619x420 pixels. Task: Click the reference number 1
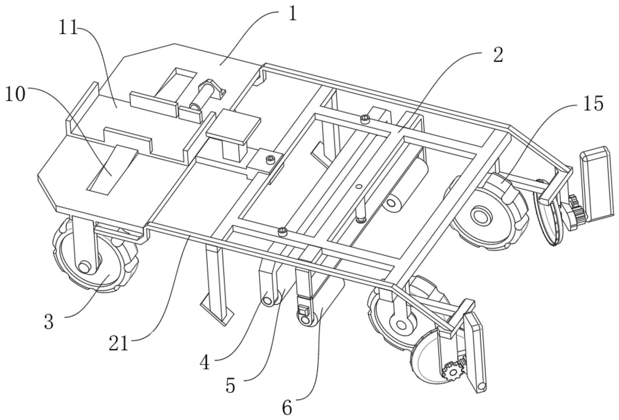[x=292, y=14]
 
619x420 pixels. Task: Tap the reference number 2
[x=498, y=55]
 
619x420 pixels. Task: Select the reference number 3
[x=49, y=322]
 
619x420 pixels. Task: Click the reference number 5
[x=230, y=386]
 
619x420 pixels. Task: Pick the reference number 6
[x=287, y=408]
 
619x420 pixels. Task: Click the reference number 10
[x=15, y=95]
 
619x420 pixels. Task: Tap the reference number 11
[x=68, y=27]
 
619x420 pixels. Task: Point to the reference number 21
[x=119, y=344]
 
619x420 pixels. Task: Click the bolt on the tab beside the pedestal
[x=270, y=159]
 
